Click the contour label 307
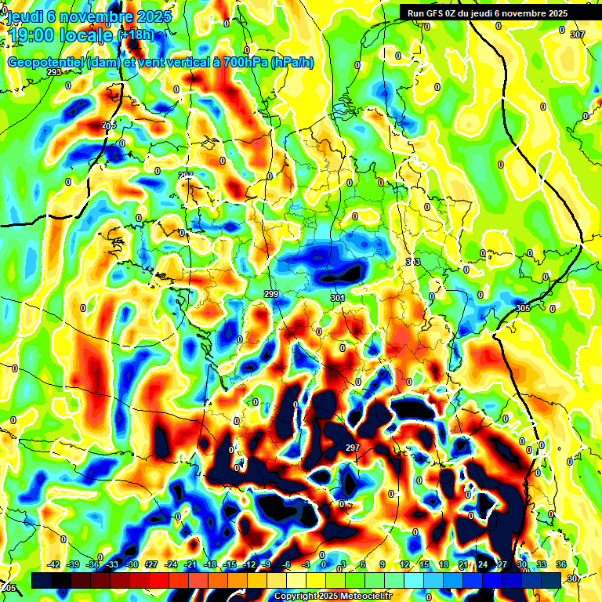(578, 34)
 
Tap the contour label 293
(54, 72)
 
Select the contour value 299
(271, 294)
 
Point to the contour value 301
(337, 299)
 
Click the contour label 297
(352, 448)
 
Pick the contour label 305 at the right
(523, 308)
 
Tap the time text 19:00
(32, 34)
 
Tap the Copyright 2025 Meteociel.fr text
(332, 596)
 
